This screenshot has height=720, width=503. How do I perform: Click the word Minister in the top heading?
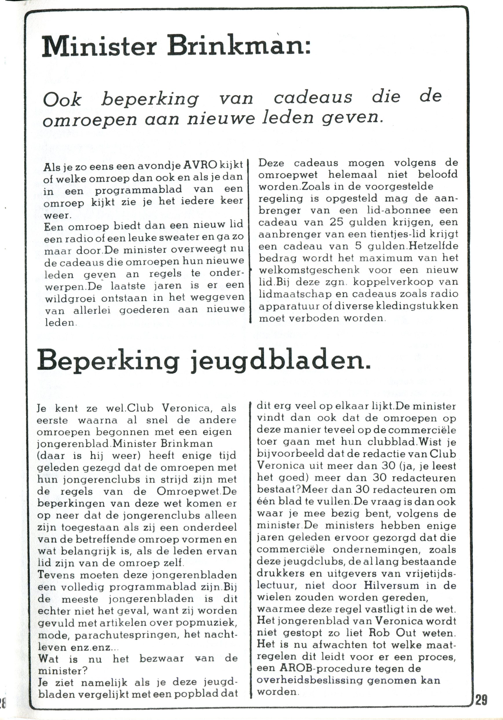(x=99, y=47)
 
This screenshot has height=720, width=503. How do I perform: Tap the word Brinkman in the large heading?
(x=238, y=47)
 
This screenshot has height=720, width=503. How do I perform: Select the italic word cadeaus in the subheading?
(x=313, y=98)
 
